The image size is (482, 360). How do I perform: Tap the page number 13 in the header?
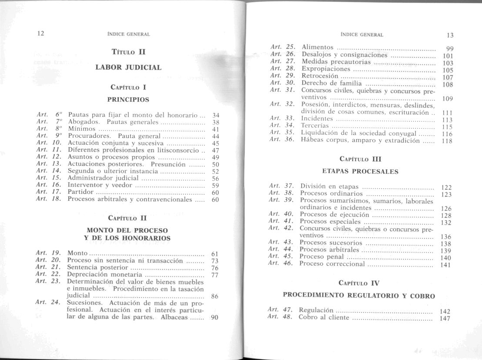pos(450,35)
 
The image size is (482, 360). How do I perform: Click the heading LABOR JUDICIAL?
pos(128,67)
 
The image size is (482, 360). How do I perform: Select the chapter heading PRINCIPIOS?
pos(128,100)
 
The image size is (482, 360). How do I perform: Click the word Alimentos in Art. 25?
pos(318,47)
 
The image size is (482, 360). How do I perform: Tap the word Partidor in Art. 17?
pos(80,192)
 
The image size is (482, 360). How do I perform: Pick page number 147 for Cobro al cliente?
pos(444,319)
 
